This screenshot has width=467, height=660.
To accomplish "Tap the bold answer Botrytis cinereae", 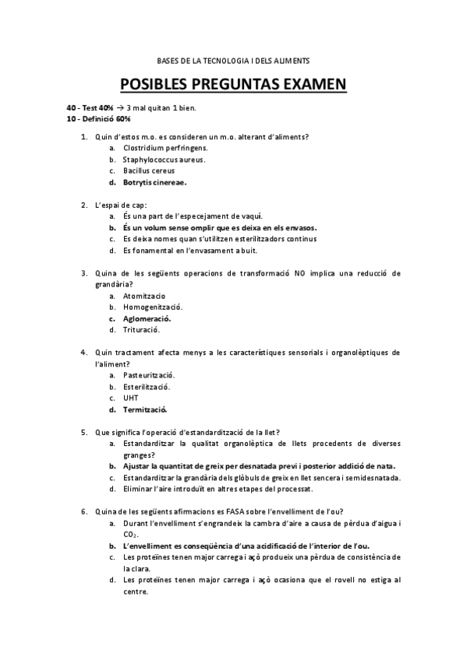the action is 154,183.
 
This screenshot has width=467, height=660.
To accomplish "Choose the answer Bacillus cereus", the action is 148,171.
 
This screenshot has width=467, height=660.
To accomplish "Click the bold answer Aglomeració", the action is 147,318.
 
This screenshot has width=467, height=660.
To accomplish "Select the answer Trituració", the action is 141,330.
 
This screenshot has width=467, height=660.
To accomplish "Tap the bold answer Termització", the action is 145,409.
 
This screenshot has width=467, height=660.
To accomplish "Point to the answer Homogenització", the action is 153,307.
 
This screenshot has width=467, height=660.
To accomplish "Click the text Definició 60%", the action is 104,119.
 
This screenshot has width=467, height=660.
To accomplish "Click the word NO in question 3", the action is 299,273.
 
